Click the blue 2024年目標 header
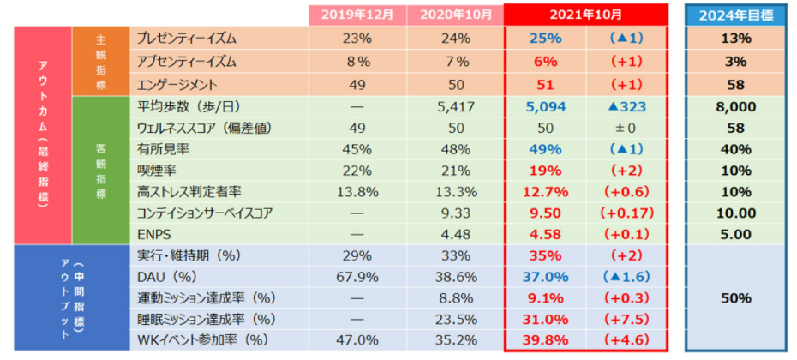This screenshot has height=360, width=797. (x=736, y=15)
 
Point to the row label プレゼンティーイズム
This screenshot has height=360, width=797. (x=187, y=39)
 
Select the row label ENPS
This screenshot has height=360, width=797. (x=153, y=233)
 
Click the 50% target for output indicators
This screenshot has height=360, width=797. (x=736, y=298)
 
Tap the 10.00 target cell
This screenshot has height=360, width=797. (x=736, y=211)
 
